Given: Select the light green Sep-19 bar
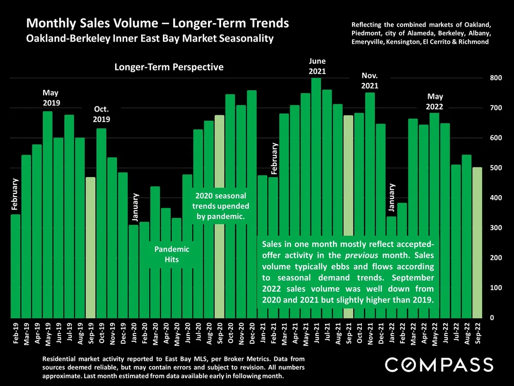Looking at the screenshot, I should click(x=90, y=247).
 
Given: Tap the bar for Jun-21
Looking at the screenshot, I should click(x=316, y=154).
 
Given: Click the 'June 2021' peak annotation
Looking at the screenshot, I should click(x=317, y=66).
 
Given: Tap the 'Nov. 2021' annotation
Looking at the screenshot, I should click(x=370, y=81).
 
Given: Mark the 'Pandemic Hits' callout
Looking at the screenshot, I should click(x=172, y=254).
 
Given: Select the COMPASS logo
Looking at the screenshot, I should click(x=439, y=364).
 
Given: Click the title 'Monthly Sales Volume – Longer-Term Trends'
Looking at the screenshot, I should click(x=157, y=24).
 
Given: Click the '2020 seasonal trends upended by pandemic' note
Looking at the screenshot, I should click(x=221, y=206).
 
